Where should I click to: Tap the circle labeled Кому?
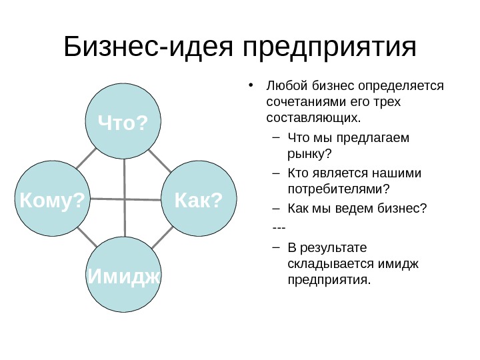(x=53, y=198)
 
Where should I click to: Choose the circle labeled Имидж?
(x=125, y=276)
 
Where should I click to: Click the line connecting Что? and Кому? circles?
(x=86, y=158)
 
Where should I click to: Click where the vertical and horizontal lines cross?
(x=125, y=199)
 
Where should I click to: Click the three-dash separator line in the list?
(x=279, y=229)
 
